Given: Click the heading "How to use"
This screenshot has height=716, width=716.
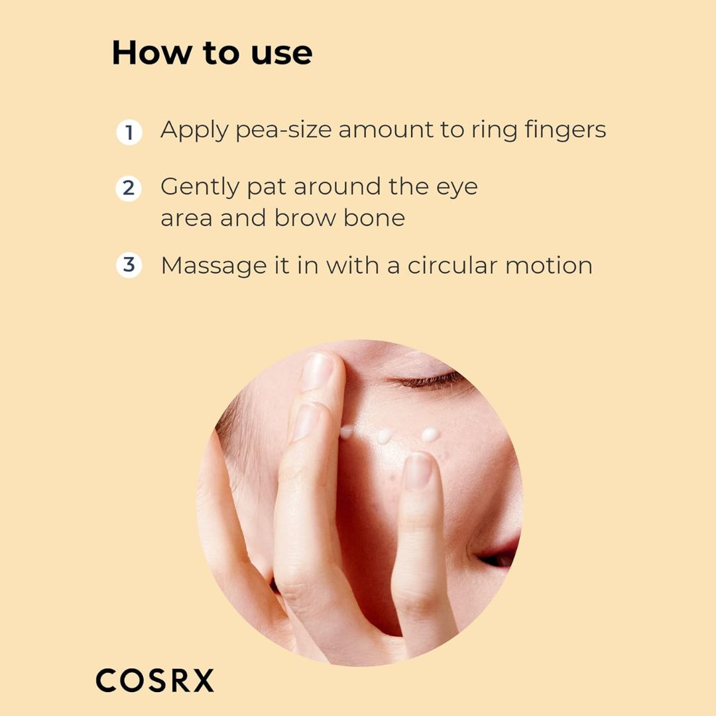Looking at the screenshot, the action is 212,52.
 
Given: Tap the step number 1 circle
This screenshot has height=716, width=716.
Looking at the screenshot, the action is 129,133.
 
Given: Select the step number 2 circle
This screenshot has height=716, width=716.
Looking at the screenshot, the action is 129,188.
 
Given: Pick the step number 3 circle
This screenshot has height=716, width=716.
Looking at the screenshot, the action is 129,265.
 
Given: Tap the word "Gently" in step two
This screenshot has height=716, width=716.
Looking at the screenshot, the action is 200,188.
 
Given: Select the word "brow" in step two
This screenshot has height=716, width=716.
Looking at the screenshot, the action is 304,217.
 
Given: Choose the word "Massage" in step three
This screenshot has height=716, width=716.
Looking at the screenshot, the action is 213,267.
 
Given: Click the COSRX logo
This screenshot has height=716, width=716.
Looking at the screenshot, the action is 154,680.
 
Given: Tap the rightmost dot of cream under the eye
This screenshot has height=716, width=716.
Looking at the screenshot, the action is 430,434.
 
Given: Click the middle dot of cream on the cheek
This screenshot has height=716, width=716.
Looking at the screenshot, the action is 385,436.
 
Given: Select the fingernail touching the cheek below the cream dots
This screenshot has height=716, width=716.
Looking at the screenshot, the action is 418,470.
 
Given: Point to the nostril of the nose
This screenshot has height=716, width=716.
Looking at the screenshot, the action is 495,560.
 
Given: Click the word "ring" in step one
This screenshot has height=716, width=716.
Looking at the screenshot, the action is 495,131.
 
